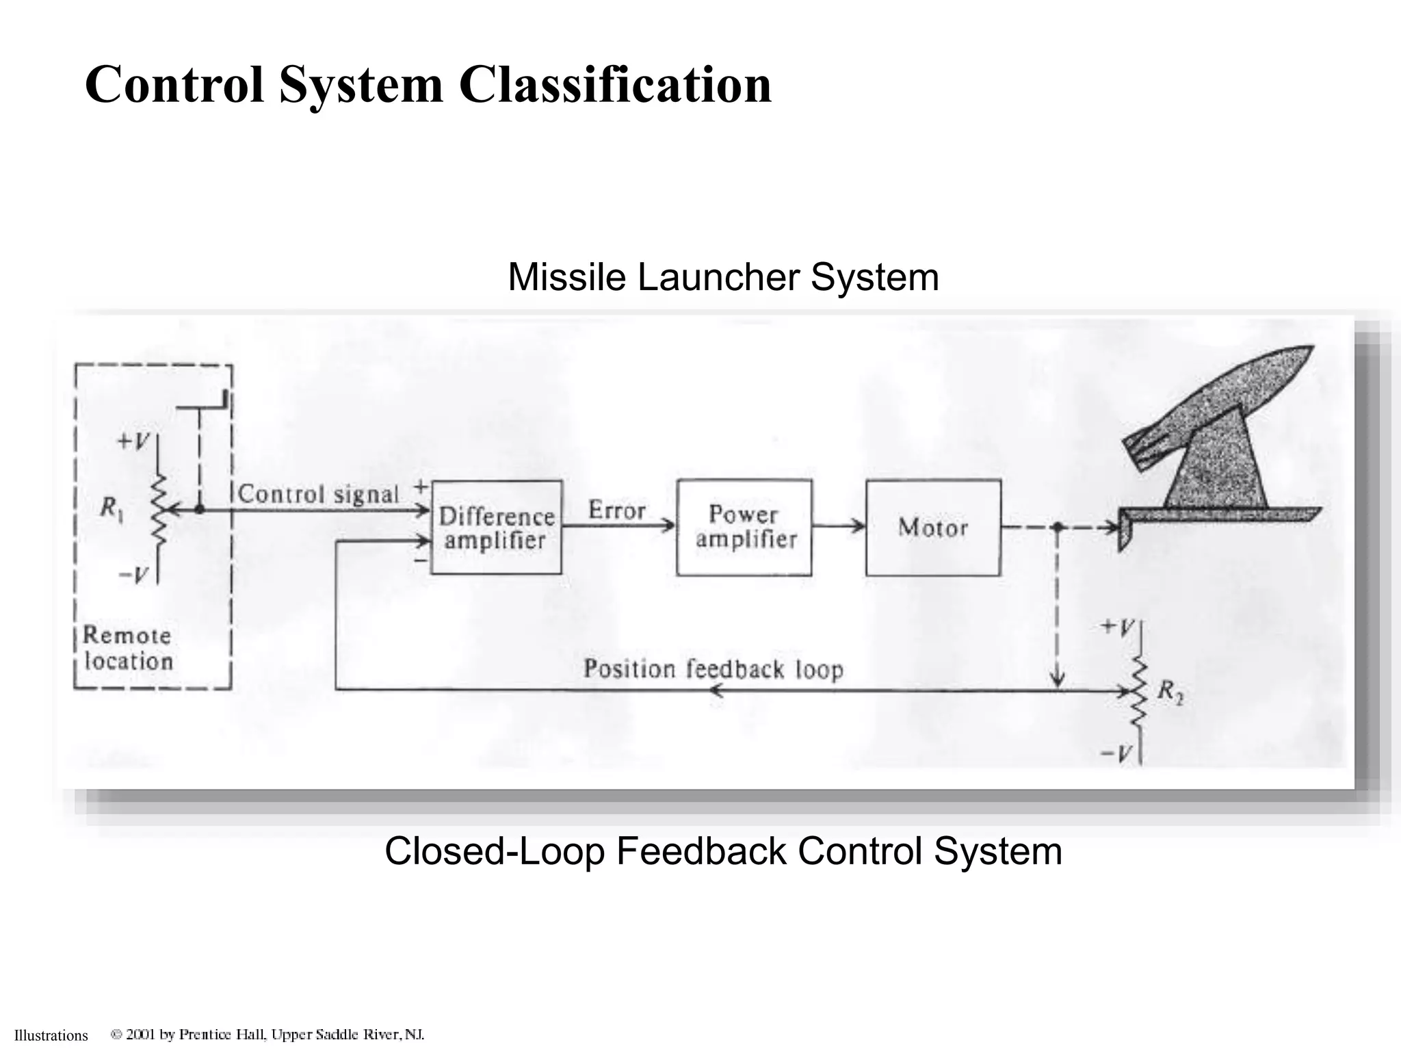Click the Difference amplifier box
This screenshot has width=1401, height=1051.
tap(496, 528)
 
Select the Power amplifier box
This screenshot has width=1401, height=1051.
tap(744, 528)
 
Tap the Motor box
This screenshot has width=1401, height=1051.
tap(933, 528)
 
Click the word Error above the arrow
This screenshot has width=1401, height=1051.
tap(616, 510)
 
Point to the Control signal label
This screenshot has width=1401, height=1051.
tap(318, 494)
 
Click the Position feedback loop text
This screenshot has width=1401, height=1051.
tap(713, 669)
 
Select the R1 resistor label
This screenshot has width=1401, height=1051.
tap(112, 508)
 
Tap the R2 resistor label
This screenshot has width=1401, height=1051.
tap(1170, 692)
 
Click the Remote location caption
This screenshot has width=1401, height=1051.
tap(128, 648)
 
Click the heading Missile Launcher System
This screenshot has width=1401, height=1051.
tap(723, 278)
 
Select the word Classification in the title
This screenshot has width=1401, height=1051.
tap(614, 85)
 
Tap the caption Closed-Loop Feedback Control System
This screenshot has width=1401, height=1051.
tap(723, 851)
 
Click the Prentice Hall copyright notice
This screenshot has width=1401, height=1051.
tap(268, 1035)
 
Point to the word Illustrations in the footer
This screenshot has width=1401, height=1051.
tap(51, 1035)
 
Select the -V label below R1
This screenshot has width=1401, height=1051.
tap(133, 575)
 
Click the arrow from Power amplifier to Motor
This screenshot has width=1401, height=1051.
tap(839, 527)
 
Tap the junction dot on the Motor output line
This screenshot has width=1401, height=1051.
tap(1057, 528)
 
